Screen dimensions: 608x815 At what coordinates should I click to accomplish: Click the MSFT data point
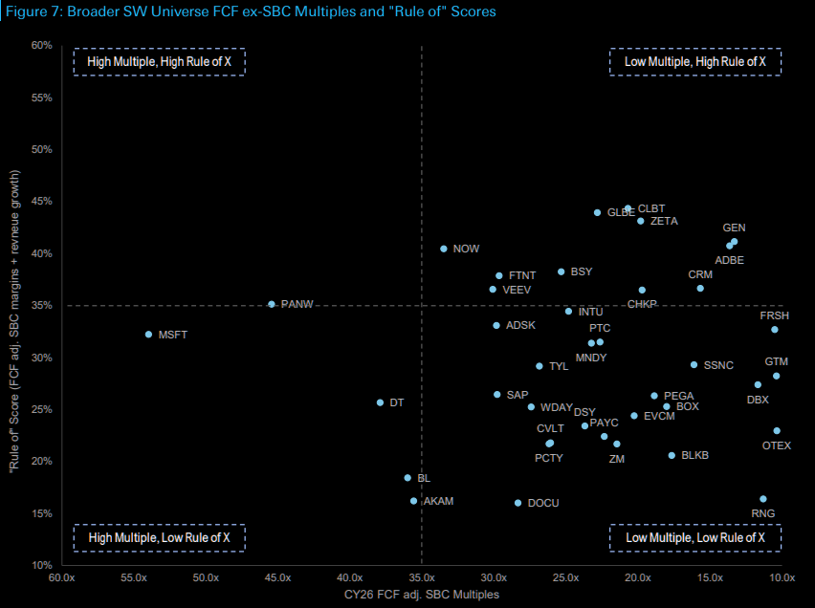148,335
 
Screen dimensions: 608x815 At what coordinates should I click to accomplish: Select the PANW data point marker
272,304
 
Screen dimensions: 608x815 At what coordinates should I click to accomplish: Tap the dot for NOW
444,249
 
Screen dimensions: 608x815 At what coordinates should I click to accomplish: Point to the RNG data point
763,499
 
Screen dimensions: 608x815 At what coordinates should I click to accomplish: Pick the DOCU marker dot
518,503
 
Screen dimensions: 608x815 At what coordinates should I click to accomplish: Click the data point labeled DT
380,402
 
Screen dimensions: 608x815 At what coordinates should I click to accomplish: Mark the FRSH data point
775,330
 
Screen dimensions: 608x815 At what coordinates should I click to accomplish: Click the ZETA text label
664,221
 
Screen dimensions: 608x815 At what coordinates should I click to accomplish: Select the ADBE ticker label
729,260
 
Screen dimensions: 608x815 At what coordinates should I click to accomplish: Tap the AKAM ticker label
438,501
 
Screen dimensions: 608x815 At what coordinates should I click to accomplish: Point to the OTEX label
777,445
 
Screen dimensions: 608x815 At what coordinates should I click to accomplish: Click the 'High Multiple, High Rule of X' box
160,61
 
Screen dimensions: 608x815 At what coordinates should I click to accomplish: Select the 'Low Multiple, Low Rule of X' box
695,537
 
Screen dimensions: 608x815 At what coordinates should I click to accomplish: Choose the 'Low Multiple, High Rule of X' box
695,61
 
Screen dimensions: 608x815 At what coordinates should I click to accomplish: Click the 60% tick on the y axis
41,45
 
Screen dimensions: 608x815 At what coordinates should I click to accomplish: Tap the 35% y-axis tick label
41,305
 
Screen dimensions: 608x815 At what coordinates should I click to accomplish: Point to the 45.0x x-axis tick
277,578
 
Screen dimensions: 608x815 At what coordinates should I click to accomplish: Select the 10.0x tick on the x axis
782,578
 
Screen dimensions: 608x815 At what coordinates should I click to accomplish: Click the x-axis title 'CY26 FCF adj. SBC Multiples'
421,595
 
